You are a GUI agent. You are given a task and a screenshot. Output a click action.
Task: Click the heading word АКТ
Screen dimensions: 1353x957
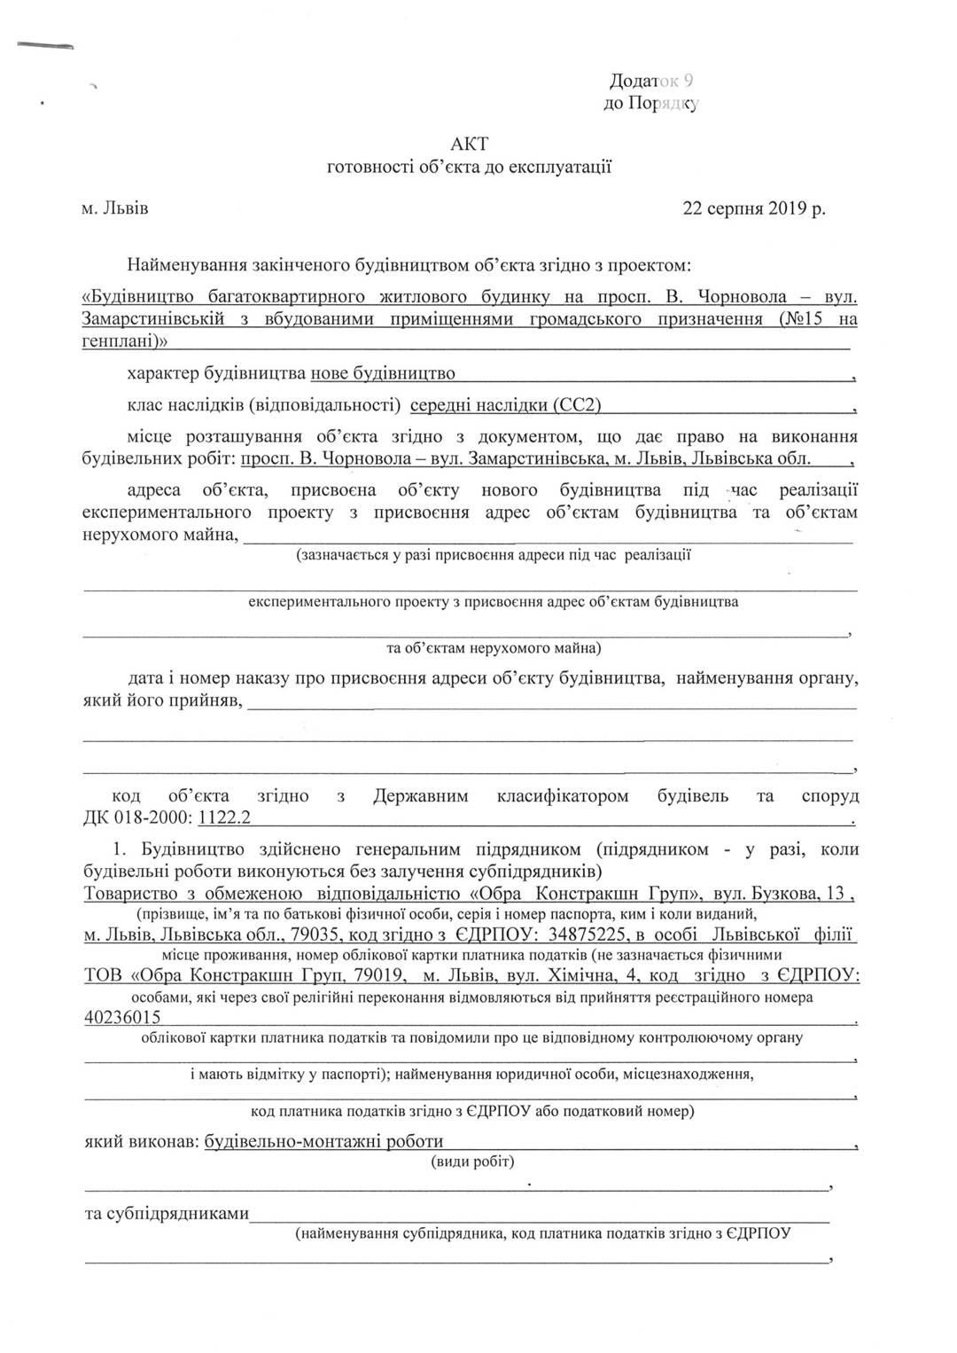[x=469, y=144]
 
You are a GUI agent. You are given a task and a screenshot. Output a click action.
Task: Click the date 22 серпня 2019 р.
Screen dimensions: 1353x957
[x=753, y=209]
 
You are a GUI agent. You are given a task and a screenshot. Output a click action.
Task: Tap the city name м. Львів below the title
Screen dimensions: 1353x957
[x=114, y=209]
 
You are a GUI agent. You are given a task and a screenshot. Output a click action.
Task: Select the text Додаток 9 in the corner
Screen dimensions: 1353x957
[x=651, y=82]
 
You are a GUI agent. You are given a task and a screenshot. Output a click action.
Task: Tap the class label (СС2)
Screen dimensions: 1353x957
[x=577, y=406]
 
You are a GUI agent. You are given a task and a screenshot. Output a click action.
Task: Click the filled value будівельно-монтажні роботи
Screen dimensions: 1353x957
[x=323, y=1142]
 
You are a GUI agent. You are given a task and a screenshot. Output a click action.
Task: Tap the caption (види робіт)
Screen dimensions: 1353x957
[x=472, y=1161]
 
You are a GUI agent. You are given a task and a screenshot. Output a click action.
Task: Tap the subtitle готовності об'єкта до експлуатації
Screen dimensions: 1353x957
[x=469, y=167]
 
